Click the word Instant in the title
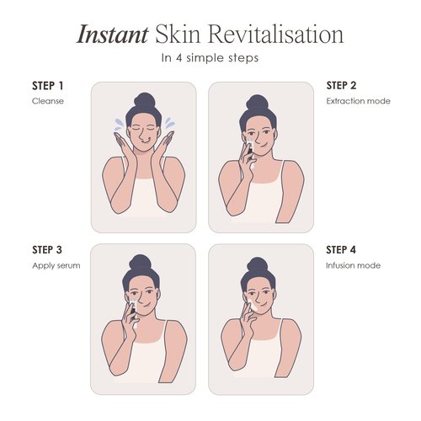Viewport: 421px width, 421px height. (x=112, y=35)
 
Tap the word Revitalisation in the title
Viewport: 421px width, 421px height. (x=275, y=35)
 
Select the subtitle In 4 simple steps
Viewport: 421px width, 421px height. (x=210, y=58)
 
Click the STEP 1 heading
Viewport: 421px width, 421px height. (x=48, y=86)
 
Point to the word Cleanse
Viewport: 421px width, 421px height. (x=48, y=101)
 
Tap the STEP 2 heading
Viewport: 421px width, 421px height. (x=341, y=86)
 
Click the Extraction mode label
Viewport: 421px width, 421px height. (x=358, y=101)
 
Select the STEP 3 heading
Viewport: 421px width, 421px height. (x=47, y=250)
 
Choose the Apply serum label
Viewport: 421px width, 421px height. (x=56, y=266)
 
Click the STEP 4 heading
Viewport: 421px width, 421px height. (x=341, y=250)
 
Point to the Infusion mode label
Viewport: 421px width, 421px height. (x=353, y=265)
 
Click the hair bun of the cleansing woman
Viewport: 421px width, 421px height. (x=145, y=101)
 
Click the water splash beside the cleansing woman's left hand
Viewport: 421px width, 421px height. (x=170, y=123)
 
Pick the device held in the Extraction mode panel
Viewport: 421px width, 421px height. (x=250, y=150)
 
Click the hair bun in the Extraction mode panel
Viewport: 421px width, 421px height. (x=257, y=103)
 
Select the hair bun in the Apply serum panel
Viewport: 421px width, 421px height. (x=140, y=263)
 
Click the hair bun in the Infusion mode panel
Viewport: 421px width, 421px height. (x=258, y=265)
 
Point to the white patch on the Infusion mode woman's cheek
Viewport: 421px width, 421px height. (x=252, y=306)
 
